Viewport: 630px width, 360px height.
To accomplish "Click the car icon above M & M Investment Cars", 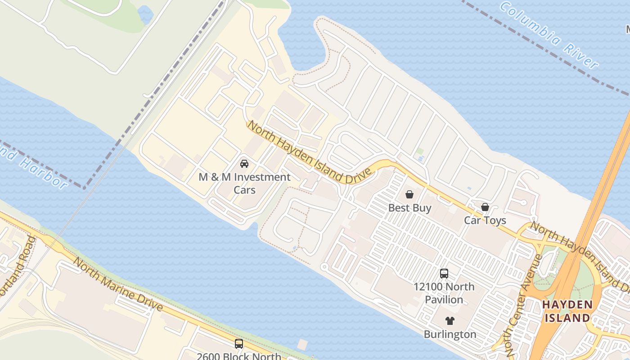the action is click(x=244, y=163).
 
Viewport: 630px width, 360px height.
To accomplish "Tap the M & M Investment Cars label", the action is click(x=244, y=183).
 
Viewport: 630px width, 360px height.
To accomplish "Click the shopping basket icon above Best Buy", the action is click(x=409, y=194).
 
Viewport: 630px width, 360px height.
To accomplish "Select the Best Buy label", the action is click(x=409, y=208).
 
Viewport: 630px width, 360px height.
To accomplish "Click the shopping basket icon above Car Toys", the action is click(x=485, y=207).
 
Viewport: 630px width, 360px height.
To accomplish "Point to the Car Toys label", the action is click(x=485, y=220).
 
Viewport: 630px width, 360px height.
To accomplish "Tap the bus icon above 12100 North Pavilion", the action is click(x=444, y=273).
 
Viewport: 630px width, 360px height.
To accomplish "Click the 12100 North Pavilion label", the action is click(x=444, y=293).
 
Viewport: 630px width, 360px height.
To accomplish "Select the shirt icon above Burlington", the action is click(x=450, y=321).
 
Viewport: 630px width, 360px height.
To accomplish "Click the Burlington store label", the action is click(x=450, y=334).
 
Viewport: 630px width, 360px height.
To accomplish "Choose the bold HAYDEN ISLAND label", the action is click(x=567, y=311).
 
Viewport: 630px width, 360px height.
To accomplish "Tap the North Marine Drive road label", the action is click(x=118, y=284).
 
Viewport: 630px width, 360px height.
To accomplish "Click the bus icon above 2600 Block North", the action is click(x=239, y=344).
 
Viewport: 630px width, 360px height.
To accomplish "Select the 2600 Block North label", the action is click(x=239, y=356).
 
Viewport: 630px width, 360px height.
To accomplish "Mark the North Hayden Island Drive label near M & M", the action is click(x=310, y=153).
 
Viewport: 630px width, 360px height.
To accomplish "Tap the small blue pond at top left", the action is click(x=146, y=15).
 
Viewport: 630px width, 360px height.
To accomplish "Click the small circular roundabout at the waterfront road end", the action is click(x=324, y=267).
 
